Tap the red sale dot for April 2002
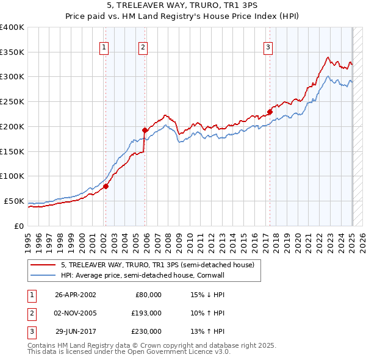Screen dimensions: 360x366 tap(106, 186)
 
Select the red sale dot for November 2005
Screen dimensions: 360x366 tap(145, 129)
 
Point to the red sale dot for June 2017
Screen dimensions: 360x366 tap(269, 111)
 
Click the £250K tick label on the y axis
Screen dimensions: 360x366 tap(12, 102)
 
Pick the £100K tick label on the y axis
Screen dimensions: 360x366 tap(12, 176)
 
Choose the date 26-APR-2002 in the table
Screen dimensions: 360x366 tap(76, 295)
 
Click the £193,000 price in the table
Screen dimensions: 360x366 tap(147, 313)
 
